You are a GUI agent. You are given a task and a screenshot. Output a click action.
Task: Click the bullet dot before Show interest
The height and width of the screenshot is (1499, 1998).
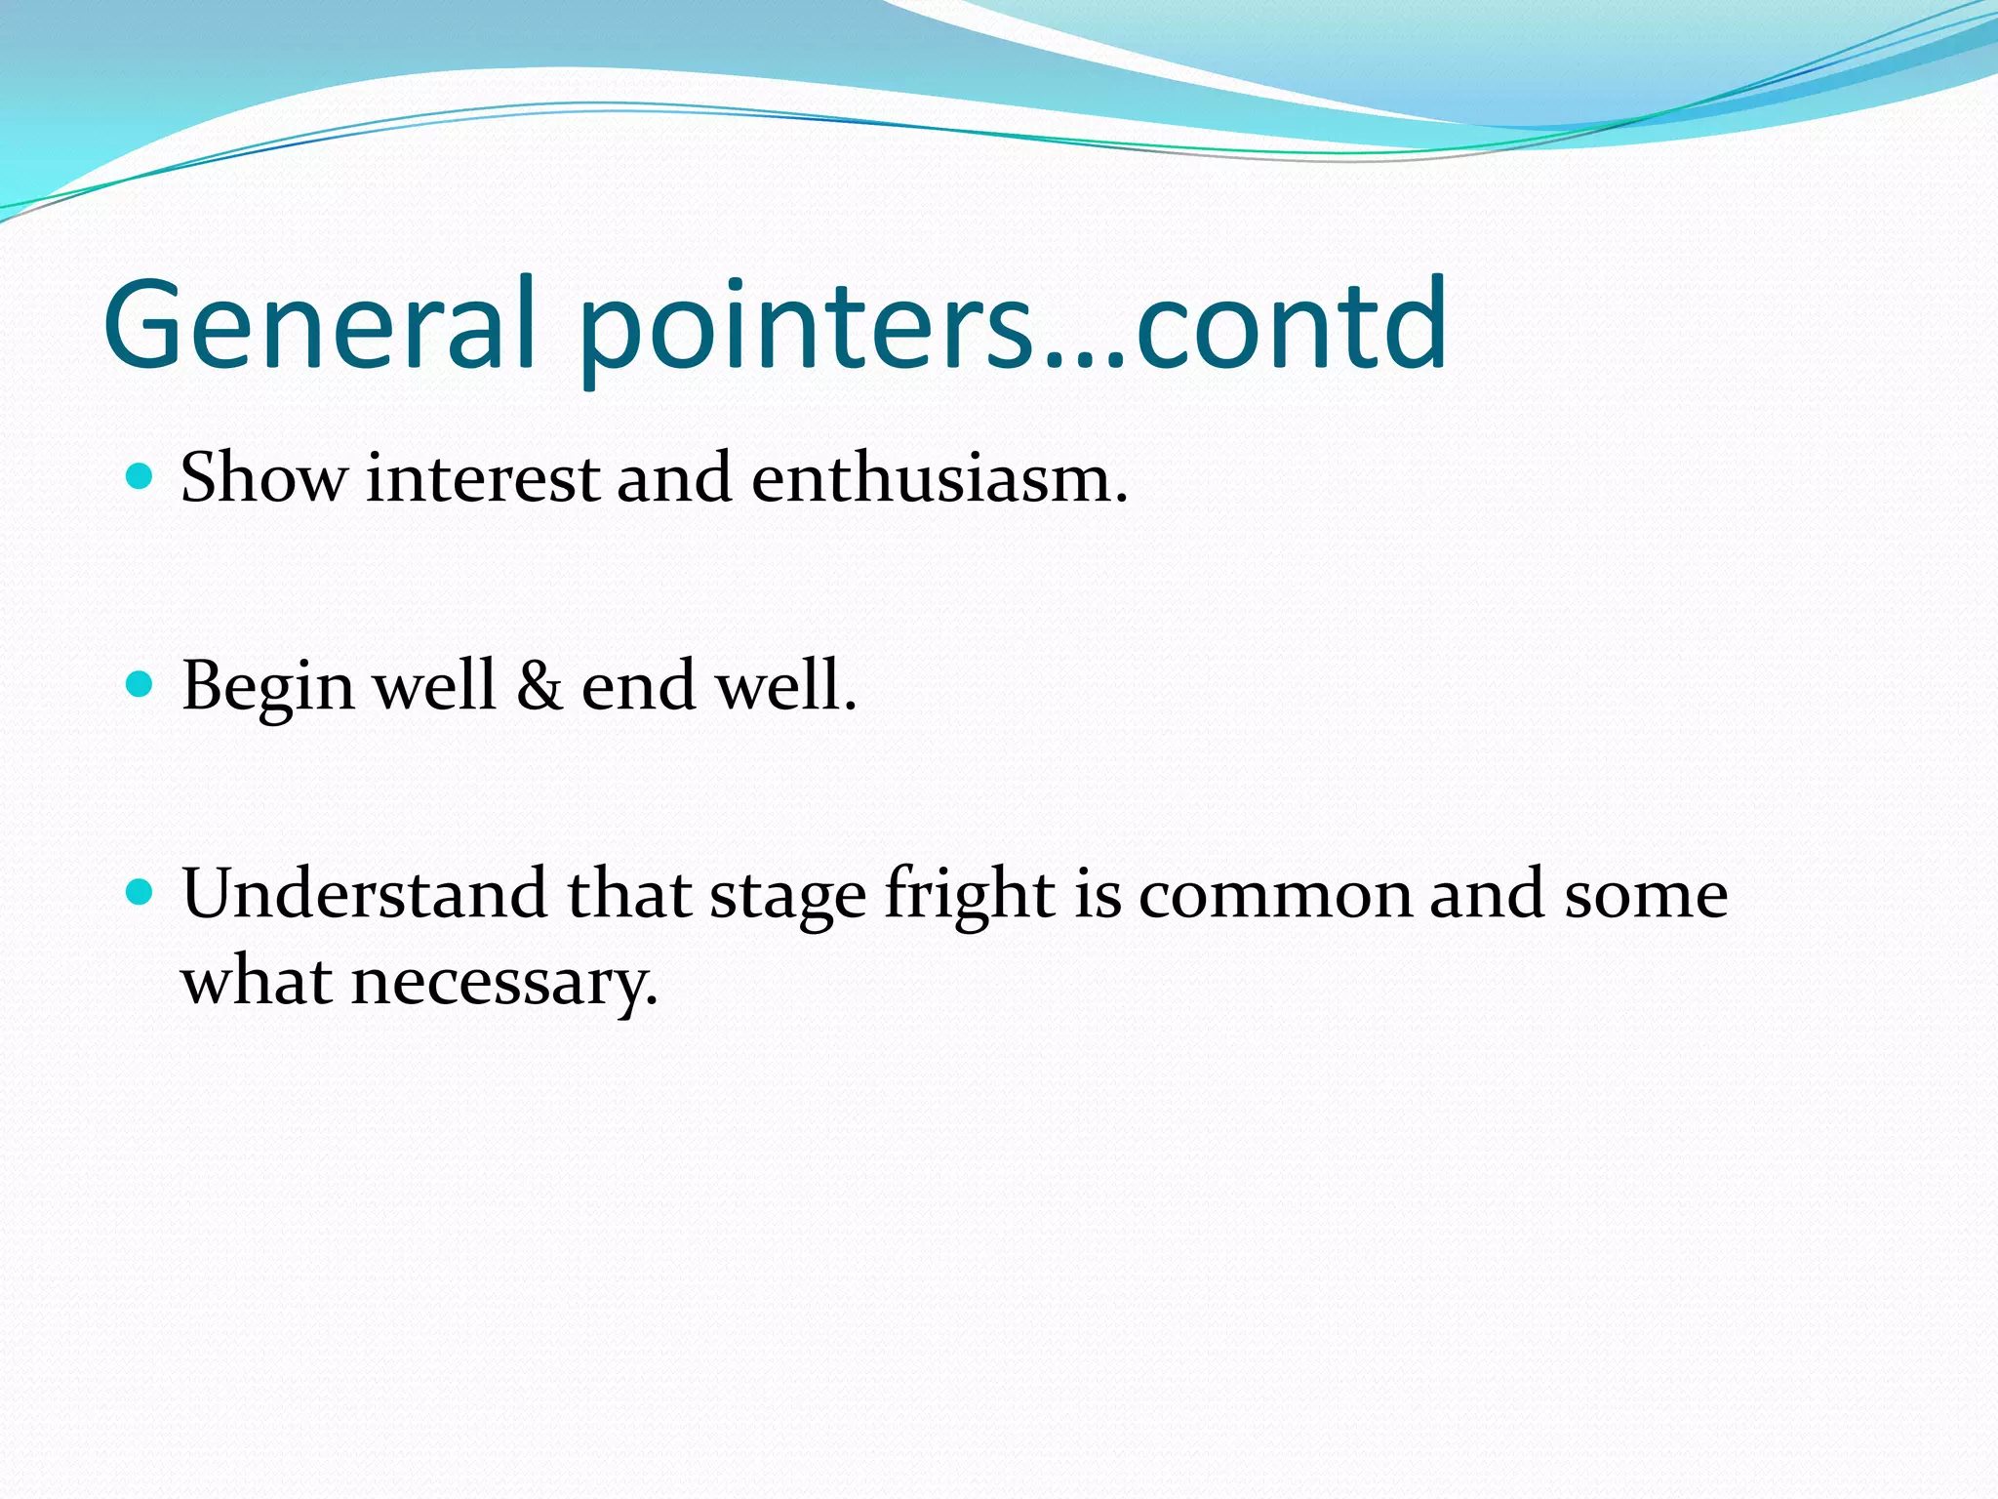(140, 476)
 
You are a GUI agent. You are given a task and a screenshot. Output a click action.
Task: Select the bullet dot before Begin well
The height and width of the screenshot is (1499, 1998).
(140, 684)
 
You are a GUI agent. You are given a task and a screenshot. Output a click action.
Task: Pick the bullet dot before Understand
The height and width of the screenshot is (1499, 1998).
(140, 891)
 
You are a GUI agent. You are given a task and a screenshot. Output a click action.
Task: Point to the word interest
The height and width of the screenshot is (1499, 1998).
(483, 480)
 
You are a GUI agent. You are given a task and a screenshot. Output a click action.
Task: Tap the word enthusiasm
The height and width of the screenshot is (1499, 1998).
(939, 480)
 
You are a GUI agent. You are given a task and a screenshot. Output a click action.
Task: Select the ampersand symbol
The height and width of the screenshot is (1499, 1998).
(539, 685)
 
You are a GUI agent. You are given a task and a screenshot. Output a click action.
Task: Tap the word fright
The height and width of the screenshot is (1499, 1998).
(969, 896)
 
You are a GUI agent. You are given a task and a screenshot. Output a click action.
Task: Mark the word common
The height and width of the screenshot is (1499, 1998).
(1274, 896)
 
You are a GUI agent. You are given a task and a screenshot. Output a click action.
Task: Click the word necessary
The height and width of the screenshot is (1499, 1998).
(504, 983)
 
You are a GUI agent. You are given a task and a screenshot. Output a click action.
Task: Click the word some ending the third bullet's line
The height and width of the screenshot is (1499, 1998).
(1646, 896)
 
